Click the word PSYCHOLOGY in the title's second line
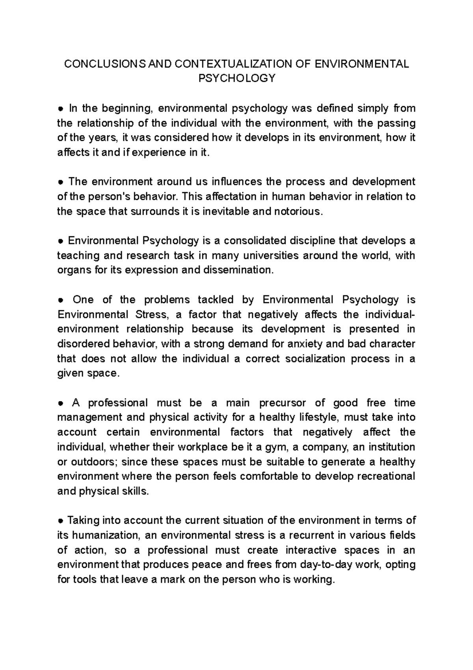pos(236,79)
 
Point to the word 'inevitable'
pos(226,211)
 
